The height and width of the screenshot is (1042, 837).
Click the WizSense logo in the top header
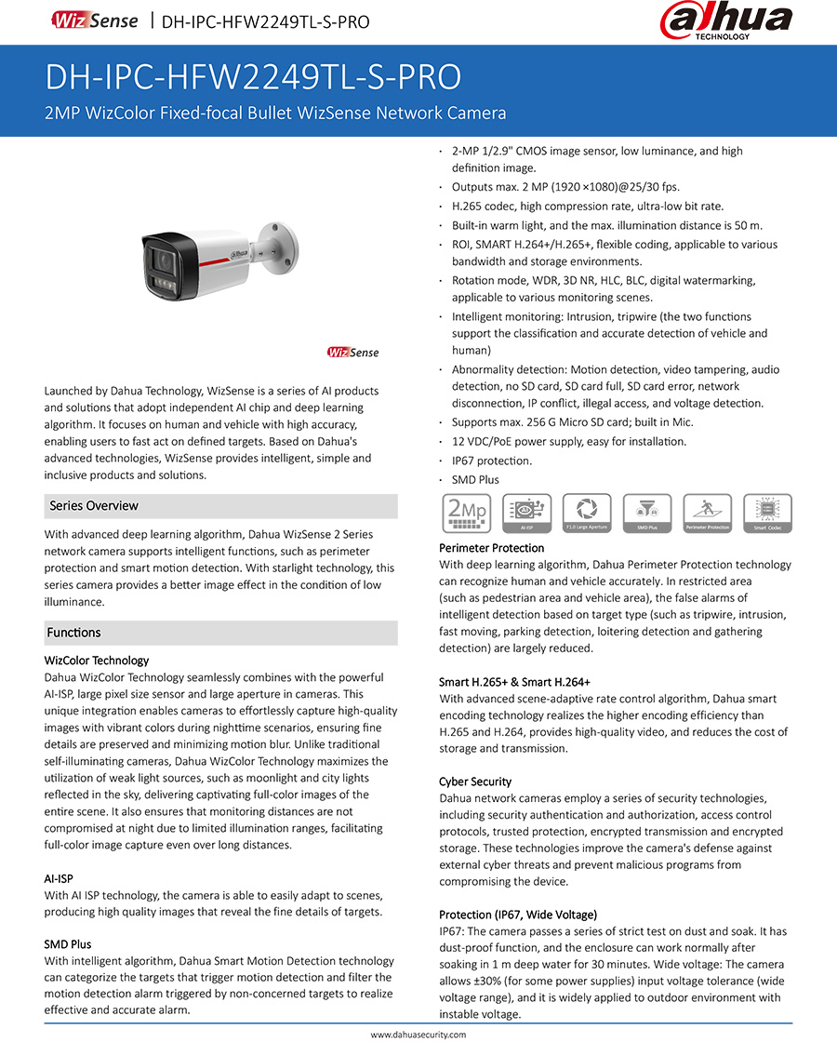[x=95, y=20]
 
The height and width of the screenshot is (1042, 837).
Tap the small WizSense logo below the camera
[x=352, y=352]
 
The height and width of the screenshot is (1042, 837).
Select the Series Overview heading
[x=94, y=506]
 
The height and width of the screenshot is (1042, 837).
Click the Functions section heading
[x=73, y=633]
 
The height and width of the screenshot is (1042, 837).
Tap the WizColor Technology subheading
[x=97, y=661]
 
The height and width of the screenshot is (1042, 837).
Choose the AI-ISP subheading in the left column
[x=59, y=878]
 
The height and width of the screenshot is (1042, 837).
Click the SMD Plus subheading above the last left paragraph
[x=68, y=944]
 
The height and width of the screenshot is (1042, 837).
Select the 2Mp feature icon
[x=467, y=513]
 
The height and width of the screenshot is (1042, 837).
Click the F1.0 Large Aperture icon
[x=587, y=513]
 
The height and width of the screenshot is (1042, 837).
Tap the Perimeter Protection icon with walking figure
[x=707, y=513]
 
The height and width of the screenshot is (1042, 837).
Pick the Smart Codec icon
[x=767, y=513]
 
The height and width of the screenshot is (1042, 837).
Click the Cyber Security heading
[x=475, y=781]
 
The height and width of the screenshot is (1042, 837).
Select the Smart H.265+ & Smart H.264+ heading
[x=514, y=682]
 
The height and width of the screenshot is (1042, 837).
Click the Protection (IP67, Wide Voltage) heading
[x=518, y=915]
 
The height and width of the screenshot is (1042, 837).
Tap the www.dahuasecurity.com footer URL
[x=418, y=1034]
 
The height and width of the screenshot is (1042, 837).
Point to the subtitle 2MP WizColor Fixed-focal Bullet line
[x=276, y=114]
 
